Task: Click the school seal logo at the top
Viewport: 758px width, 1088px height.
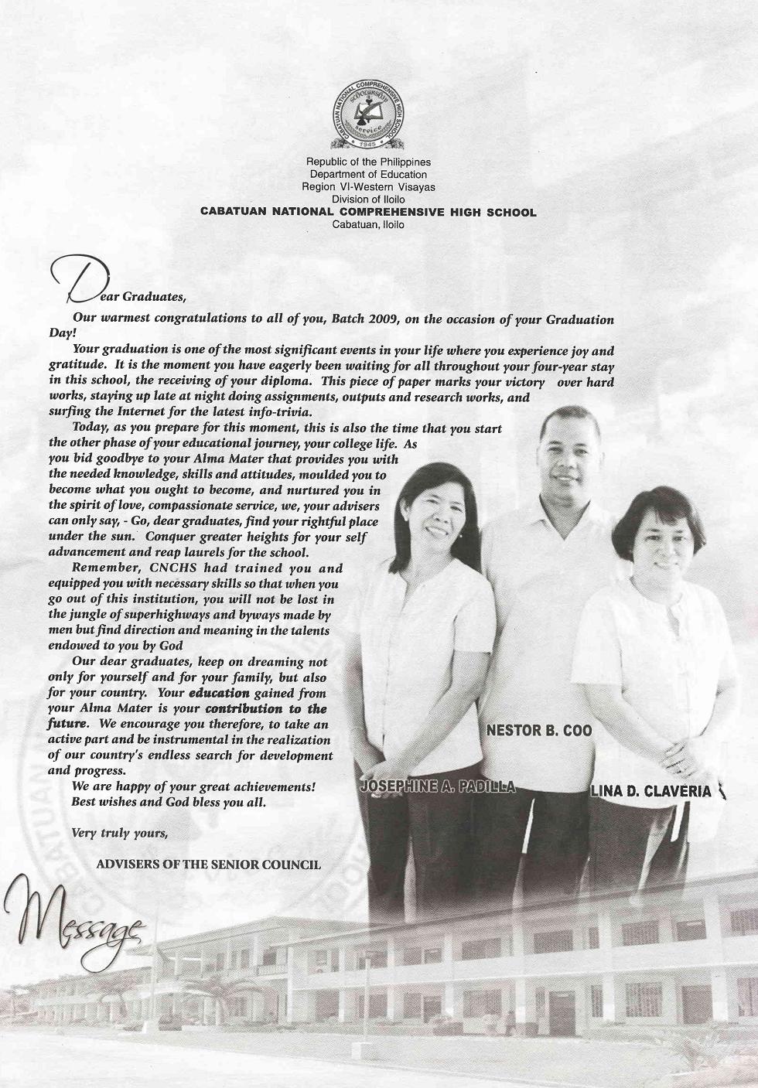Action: (367, 114)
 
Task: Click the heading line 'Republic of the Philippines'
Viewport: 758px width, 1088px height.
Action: (368, 162)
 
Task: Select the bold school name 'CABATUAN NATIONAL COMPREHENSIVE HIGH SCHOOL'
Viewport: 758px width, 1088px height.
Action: (368, 212)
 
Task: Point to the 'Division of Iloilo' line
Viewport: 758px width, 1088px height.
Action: (368, 200)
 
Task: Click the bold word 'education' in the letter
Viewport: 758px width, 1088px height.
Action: (219, 693)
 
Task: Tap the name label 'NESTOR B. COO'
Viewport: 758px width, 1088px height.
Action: (539, 731)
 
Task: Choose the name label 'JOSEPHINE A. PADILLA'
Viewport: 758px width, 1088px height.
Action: (438, 787)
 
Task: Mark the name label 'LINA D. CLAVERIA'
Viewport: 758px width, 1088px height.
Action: (650, 791)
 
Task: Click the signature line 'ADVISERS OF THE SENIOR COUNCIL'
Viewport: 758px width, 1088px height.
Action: (208, 864)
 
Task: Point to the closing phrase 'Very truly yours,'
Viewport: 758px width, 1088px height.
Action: (119, 833)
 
